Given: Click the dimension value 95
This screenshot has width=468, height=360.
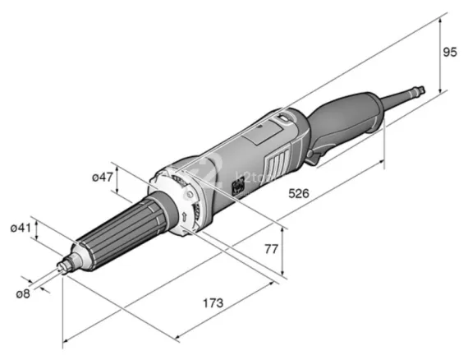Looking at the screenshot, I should (x=449, y=53).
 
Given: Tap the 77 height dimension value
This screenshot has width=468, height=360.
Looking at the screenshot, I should (x=293, y=247).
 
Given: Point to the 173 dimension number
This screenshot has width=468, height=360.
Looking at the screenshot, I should (x=213, y=303).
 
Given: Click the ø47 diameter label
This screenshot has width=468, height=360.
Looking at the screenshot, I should (x=101, y=178).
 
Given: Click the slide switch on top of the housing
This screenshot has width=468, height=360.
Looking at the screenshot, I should (x=283, y=119).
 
